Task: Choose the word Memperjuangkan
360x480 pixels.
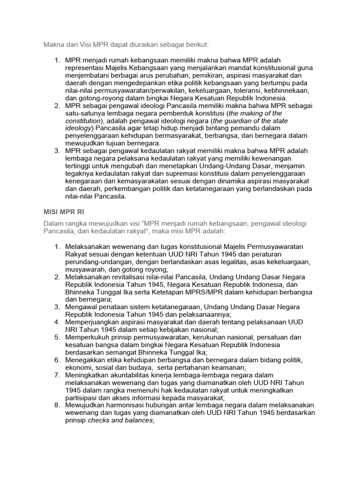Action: click(x=93, y=322)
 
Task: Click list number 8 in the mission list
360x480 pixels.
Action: click(x=57, y=405)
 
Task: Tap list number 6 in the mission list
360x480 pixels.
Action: click(x=57, y=359)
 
